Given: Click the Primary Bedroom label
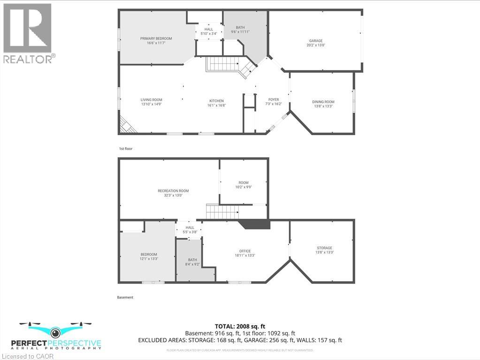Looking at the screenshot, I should tap(156, 38).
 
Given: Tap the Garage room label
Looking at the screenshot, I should tap(316, 41).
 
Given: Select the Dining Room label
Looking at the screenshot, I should tap(323, 102).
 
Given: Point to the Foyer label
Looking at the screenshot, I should tap(274, 100).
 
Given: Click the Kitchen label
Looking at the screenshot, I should tap(216, 101).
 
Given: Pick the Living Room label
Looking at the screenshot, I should tap(151, 100).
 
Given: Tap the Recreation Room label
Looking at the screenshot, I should tap(173, 191).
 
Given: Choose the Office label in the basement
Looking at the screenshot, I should tap(244, 251).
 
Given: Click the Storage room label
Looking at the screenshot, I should tap(324, 248).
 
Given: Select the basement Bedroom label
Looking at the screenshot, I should tap(148, 254).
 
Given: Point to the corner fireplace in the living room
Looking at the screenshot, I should tap(126, 124).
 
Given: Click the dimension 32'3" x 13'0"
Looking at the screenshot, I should tap(173, 195).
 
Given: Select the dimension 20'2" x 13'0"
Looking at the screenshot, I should tap(316, 46).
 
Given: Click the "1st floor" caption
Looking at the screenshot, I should tap(126, 149).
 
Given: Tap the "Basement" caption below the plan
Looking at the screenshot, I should tap(125, 297).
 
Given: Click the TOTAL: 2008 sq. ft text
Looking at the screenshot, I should tap(240, 326).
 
